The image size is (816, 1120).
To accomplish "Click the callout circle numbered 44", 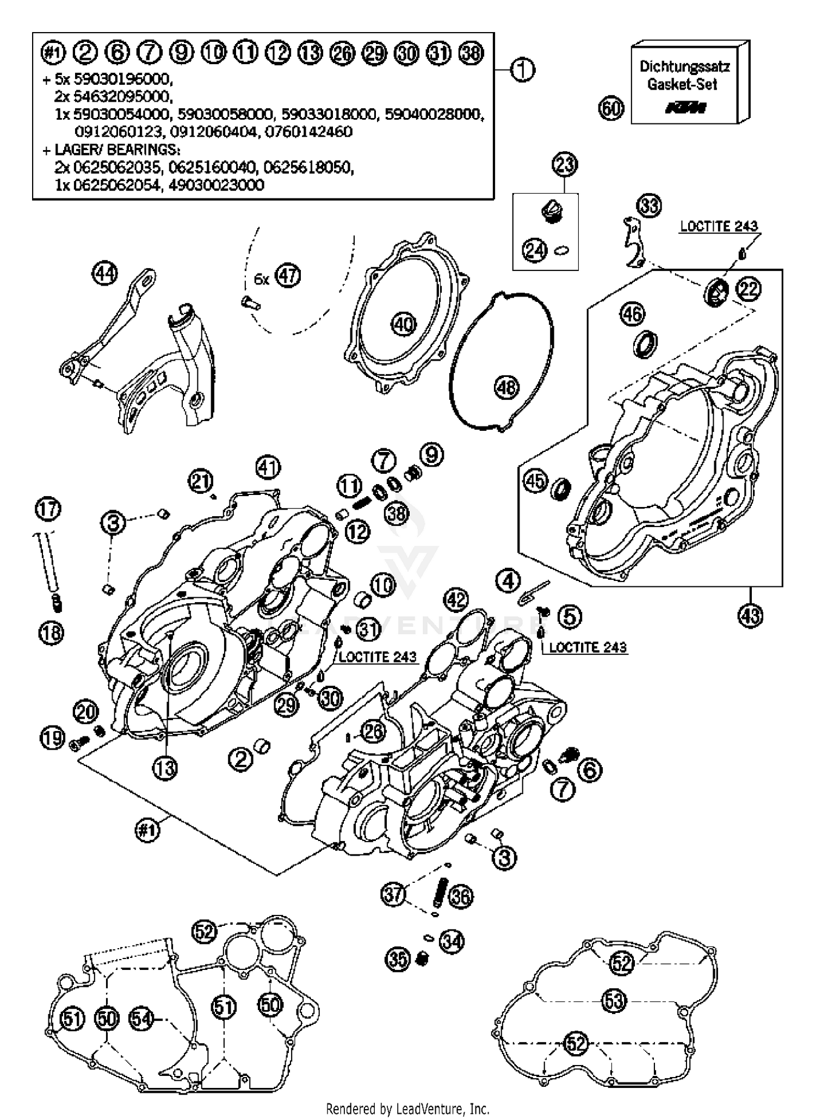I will tap(104, 273).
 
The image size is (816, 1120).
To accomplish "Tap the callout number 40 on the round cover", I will tap(403, 325).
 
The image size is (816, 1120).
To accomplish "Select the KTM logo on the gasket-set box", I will tap(685, 108).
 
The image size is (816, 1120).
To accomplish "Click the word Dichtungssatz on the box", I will tap(684, 67).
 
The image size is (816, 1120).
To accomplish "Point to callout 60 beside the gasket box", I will tap(611, 108).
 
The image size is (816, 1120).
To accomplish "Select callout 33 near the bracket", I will tap(650, 206).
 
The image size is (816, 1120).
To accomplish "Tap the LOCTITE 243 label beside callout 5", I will tap(588, 647).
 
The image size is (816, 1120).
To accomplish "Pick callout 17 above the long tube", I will tap(48, 510).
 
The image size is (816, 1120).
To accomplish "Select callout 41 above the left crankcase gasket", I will tap(268, 467).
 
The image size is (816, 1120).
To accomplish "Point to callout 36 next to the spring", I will tap(460, 896).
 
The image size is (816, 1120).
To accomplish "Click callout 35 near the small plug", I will tap(398, 958).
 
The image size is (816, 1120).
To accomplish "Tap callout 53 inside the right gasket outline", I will tap(615, 1001).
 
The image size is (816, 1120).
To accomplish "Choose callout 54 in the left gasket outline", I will tap(141, 1018).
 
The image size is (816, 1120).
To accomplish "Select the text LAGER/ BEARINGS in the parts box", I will tap(118, 149).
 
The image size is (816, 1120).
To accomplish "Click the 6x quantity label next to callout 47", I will tap(262, 280).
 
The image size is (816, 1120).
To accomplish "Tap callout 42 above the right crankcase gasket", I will tap(456, 600).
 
